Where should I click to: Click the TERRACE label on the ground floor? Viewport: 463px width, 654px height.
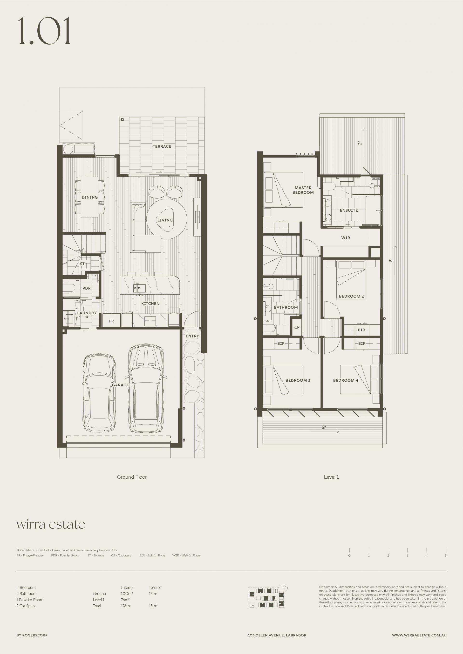pos(162,146)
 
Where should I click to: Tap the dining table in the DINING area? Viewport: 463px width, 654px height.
pos(90,197)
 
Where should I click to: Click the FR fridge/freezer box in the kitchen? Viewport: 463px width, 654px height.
pos(111,321)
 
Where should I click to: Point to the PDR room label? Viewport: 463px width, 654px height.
pos(87,288)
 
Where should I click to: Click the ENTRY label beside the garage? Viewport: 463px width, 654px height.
pos(192,336)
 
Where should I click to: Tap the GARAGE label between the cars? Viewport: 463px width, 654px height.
pos(120,385)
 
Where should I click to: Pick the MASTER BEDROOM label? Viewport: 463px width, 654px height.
pos(303,190)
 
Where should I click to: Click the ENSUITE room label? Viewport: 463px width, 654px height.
pos(349,210)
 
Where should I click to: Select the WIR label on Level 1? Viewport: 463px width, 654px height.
pos(346,238)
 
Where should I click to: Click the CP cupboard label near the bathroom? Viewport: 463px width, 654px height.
pos(297,327)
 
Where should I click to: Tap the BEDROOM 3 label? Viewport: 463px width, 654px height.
pos(298,380)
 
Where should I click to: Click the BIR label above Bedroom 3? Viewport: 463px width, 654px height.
pos(281,344)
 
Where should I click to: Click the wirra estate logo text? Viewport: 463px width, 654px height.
pos(51,524)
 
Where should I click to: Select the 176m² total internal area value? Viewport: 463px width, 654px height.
pos(126,606)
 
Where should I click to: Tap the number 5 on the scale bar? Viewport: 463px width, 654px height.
pos(446,555)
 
